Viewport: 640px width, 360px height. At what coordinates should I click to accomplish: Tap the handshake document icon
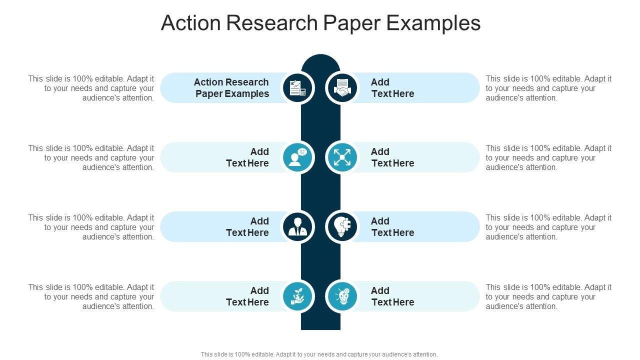(342, 88)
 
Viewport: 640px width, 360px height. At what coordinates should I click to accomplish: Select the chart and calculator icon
(298, 88)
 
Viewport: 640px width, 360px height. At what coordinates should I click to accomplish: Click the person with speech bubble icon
(298, 157)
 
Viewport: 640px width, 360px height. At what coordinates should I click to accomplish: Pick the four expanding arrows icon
(342, 157)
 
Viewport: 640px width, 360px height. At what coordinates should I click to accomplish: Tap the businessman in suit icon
(298, 227)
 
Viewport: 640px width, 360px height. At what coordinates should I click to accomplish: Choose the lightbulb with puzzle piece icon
(342, 227)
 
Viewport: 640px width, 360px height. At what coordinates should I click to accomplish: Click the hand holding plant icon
(298, 296)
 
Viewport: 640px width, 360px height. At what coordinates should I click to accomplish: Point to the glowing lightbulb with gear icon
(342, 296)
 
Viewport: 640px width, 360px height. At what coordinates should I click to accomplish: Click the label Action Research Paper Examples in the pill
(231, 88)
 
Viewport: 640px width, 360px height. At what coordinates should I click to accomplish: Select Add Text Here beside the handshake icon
(392, 88)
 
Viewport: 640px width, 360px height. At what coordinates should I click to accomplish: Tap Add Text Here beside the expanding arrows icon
(392, 157)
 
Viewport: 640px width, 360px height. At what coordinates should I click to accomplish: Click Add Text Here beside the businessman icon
(247, 227)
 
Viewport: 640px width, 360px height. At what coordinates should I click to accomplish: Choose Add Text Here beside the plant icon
(247, 296)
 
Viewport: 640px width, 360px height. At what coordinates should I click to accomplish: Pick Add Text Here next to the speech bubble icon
(247, 157)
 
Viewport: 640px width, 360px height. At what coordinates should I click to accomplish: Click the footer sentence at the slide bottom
(319, 354)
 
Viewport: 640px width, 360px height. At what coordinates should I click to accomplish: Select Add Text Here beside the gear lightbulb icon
(392, 296)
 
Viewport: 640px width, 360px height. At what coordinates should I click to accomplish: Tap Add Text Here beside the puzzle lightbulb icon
(392, 227)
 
